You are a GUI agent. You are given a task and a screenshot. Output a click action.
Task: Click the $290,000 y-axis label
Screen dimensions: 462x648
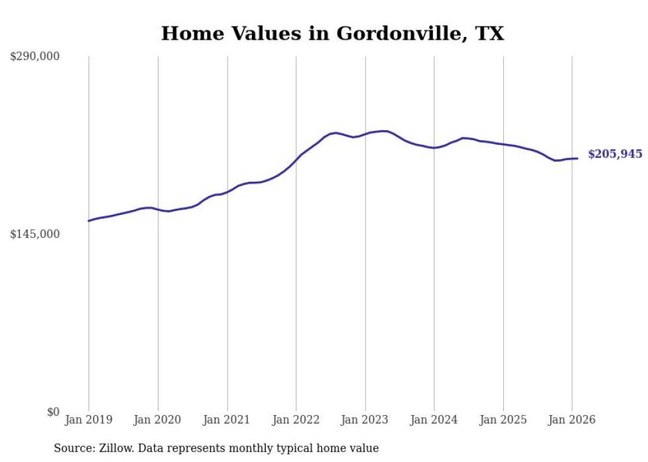click(34, 57)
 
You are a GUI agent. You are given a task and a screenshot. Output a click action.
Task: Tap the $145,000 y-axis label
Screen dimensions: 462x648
click(34, 234)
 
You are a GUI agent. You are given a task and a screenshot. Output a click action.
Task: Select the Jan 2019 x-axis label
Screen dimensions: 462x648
click(89, 420)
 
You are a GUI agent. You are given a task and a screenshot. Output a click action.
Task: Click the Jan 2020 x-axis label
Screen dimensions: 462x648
click(158, 420)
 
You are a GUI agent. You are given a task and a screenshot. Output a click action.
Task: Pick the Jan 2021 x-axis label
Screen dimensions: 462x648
click(227, 420)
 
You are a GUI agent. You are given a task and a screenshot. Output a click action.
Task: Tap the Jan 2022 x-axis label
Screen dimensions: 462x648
click(296, 420)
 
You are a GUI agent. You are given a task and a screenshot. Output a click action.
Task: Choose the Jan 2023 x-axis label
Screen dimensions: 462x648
click(365, 420)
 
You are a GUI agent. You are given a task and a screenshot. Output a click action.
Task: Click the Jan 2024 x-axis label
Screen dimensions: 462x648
click(434, 420)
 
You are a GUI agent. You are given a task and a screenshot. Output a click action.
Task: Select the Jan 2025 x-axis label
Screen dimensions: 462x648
click(503, 420)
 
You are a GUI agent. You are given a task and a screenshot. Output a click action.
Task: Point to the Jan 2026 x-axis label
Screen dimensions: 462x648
click(572, 420)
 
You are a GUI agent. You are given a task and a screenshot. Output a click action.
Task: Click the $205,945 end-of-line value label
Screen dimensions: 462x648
click(615, 154)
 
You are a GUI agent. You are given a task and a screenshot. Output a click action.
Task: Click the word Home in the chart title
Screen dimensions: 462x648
click(188, 34)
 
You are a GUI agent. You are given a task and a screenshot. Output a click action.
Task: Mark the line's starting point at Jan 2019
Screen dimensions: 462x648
click(89, 221)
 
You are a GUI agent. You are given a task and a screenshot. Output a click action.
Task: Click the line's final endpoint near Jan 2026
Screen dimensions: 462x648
click(577, 158)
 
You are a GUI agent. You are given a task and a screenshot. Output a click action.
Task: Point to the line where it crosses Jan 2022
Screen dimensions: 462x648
click(296, 160)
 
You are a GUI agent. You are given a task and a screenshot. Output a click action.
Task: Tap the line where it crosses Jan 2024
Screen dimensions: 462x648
click(434, 148)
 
